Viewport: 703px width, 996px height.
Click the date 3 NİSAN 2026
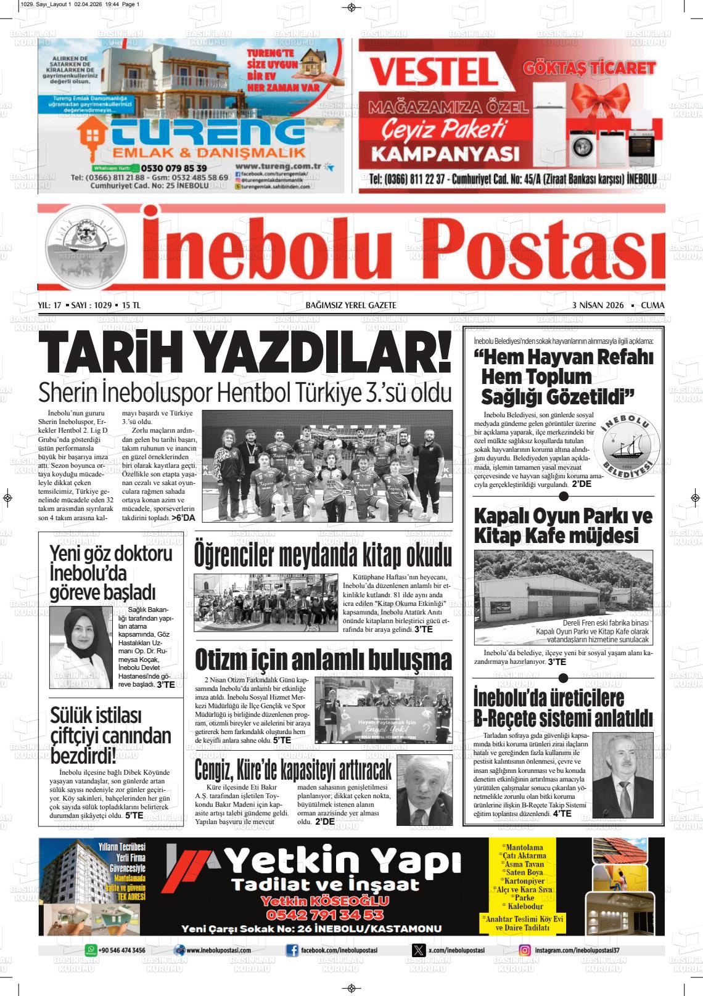[x=598, y=306]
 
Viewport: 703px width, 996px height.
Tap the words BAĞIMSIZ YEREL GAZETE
[x=351, y=306]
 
